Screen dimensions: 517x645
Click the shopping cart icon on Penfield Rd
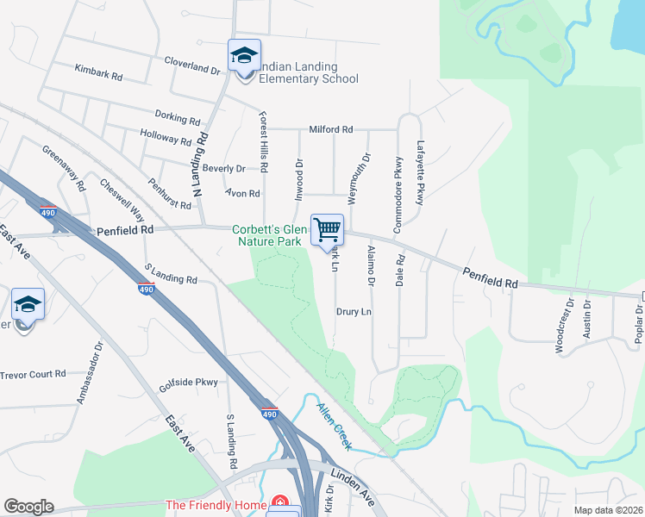(327, 230)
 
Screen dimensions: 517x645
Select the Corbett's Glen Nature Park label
(269, 235)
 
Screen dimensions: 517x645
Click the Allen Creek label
(334, 427)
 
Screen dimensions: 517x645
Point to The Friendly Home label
(216, 505)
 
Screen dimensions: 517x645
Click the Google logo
(28, 507)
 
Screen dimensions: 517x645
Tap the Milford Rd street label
(331, 129)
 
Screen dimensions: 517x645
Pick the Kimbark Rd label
(98, 72)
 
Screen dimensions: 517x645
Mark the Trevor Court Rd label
(33, 374)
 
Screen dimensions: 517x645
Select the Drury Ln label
(354, 311)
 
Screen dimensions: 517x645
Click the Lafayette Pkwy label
(421, 172)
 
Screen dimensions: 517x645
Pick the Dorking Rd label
(178, 117)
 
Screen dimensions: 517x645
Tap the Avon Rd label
(242, 194)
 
